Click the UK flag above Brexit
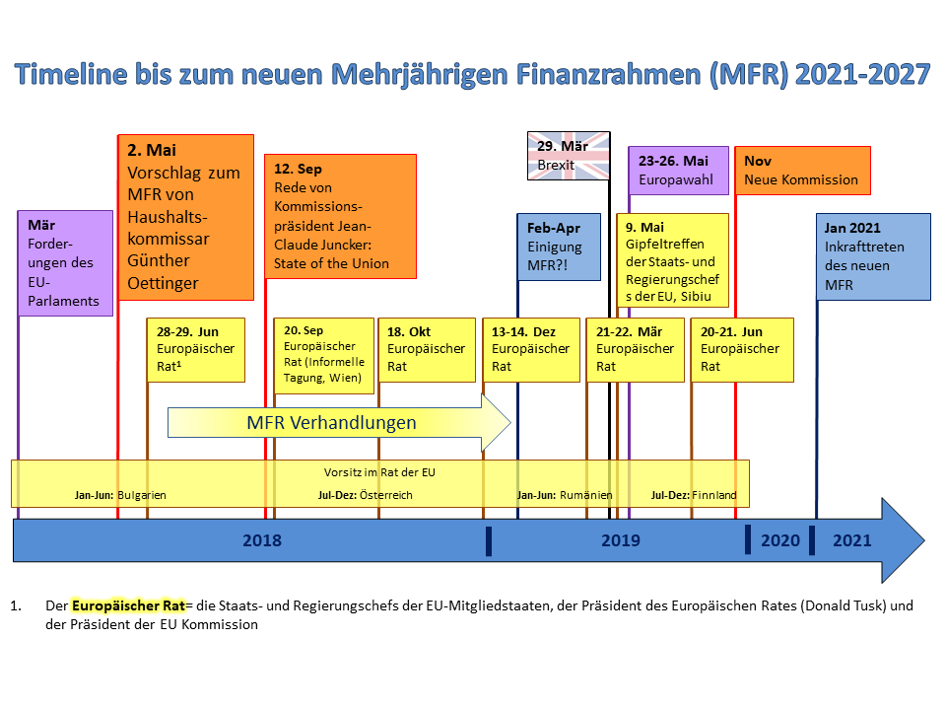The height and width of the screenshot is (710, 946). pos(570,156)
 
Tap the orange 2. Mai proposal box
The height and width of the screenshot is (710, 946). pos(185,217)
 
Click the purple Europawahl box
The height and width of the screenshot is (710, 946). pos(679,170)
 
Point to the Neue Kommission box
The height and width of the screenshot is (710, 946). pos(803,170)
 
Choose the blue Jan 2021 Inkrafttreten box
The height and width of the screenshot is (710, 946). pos(873,256)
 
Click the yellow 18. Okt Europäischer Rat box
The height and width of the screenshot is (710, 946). pos(427,350)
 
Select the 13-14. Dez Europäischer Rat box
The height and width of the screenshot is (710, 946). pos(531,350)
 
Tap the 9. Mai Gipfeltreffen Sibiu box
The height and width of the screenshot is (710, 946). pos(673,259)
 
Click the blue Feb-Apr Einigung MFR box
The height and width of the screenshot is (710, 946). pos(559,247)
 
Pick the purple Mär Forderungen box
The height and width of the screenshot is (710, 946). pos(65,262)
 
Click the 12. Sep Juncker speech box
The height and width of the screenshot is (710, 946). pos(340,217)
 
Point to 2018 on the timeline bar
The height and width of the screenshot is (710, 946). pos(261,540)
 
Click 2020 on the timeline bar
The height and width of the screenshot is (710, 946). pos(780,540)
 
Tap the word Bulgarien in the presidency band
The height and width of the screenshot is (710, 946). pos(135,495)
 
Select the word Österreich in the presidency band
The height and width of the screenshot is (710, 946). pos(385,495)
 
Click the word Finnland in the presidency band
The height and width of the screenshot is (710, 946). pos(714,495)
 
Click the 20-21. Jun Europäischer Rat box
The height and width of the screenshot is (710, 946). pos(741,350)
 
